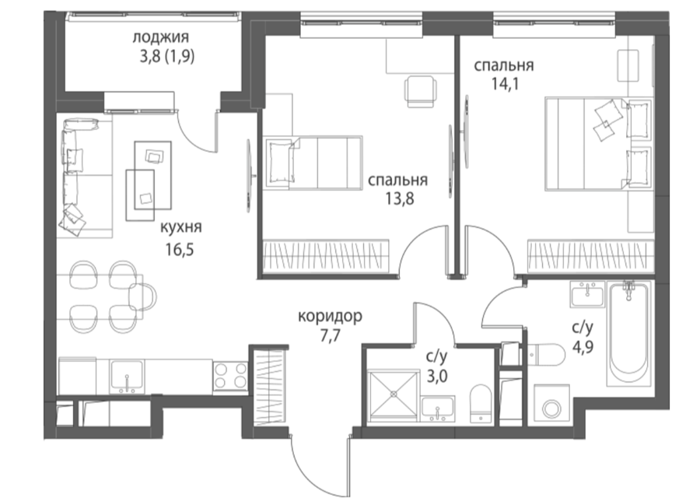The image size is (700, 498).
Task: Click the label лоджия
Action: coord(160,37)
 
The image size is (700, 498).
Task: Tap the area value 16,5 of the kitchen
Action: coord(180,249)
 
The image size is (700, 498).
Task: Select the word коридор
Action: coord(330,316)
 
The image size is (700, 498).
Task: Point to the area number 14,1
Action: coord(505,83)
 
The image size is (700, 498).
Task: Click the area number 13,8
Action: coord(400,198)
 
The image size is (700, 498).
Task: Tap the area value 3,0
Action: coord(437,376)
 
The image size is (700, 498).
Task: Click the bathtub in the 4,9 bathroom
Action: coord(628,333)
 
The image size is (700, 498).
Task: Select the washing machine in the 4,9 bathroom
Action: coord(552,406)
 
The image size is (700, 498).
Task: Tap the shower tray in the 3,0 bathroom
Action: coord(394,395)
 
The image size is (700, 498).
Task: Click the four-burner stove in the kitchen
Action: coord(230,376)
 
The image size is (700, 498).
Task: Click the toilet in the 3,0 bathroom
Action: coord(481,402)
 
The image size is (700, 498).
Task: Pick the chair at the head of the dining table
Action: coord(143,297)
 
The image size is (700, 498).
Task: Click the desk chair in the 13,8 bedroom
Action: coord(420,92)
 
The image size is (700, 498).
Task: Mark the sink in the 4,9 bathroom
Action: coord(587,294)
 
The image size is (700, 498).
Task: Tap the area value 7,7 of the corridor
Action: coord(331,335)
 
